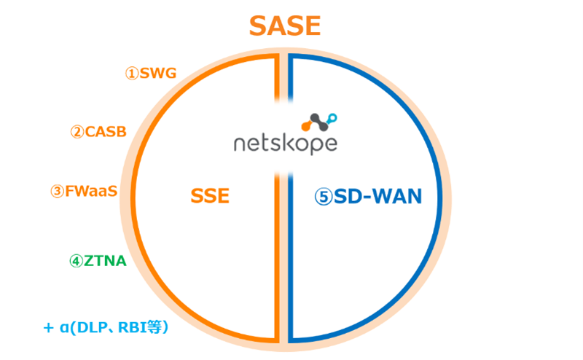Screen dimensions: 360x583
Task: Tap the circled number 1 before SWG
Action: tap(131, 74)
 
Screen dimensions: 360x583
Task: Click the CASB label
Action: tap(106, 132)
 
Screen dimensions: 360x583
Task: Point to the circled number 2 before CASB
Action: tap(77, 132)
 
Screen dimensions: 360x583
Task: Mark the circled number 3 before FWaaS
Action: tap(57, 192)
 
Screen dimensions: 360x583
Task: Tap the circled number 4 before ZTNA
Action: tap(76, 261)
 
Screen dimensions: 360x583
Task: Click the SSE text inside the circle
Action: tap(210, 196)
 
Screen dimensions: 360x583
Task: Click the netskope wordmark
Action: tap(285, 144)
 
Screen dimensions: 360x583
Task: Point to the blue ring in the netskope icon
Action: tap(332, 117)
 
